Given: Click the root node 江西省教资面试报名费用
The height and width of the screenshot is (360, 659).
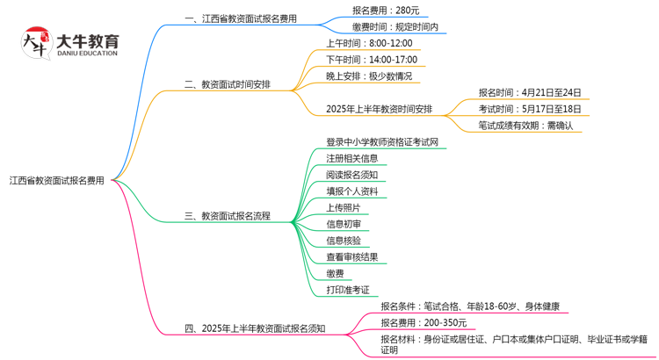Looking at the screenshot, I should tap(57, 181).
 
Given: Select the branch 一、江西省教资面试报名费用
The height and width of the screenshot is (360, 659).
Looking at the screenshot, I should tap(240, 18).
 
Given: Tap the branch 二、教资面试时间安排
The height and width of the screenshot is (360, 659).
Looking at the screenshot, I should tap(228, 84).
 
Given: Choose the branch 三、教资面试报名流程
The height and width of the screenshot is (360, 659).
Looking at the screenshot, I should tap(228, 215).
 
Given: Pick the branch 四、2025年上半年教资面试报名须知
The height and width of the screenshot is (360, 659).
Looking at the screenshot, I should tap(254, 328).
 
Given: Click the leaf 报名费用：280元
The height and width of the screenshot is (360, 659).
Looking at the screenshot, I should tap(385, 10).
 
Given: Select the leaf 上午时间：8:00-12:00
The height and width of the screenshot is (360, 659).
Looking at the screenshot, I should tap(369, 43).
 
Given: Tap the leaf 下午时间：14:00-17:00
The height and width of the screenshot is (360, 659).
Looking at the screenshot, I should tap(373, 59).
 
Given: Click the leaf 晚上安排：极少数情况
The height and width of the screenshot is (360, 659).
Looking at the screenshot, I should tap(368, 76).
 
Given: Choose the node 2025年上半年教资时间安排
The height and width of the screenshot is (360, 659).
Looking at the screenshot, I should tap(379, 109).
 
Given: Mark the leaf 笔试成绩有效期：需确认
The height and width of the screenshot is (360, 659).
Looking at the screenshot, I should tap(525, 126).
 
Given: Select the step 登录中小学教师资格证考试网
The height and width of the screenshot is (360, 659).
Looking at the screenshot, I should tap(381, 142).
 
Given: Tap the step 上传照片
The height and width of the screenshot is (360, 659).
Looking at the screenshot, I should tap(342, 208).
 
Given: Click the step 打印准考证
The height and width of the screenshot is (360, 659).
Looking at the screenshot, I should tap(348, 290).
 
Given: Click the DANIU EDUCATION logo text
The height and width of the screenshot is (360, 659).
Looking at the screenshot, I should tap(87, 52).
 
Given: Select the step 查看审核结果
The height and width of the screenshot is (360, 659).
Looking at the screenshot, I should tap(351, 257).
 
